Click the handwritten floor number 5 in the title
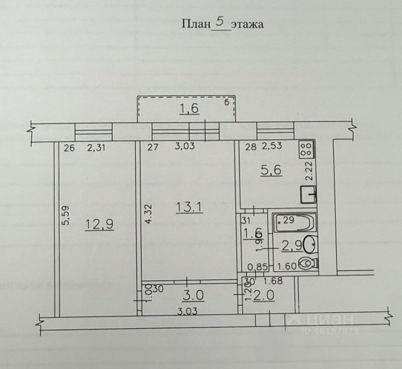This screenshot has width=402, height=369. pyautogui.click(x=220, y=22)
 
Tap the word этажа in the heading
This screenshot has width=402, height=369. pyautogui.click(x=248, y=24)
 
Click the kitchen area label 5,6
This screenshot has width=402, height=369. pyautogui.click(x=271, y=170)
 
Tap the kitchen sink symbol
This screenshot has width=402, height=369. pyautogui.click(x=308, y=195)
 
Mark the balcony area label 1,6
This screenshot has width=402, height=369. pyautogui.click(x=190, y=109)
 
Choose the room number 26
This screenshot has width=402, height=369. pyautogui.click(x=69, y=148)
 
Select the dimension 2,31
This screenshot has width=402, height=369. pyautogui.click(x=96, y=147)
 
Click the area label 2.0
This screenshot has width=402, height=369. pyautogui.click(x=264, y=296)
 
